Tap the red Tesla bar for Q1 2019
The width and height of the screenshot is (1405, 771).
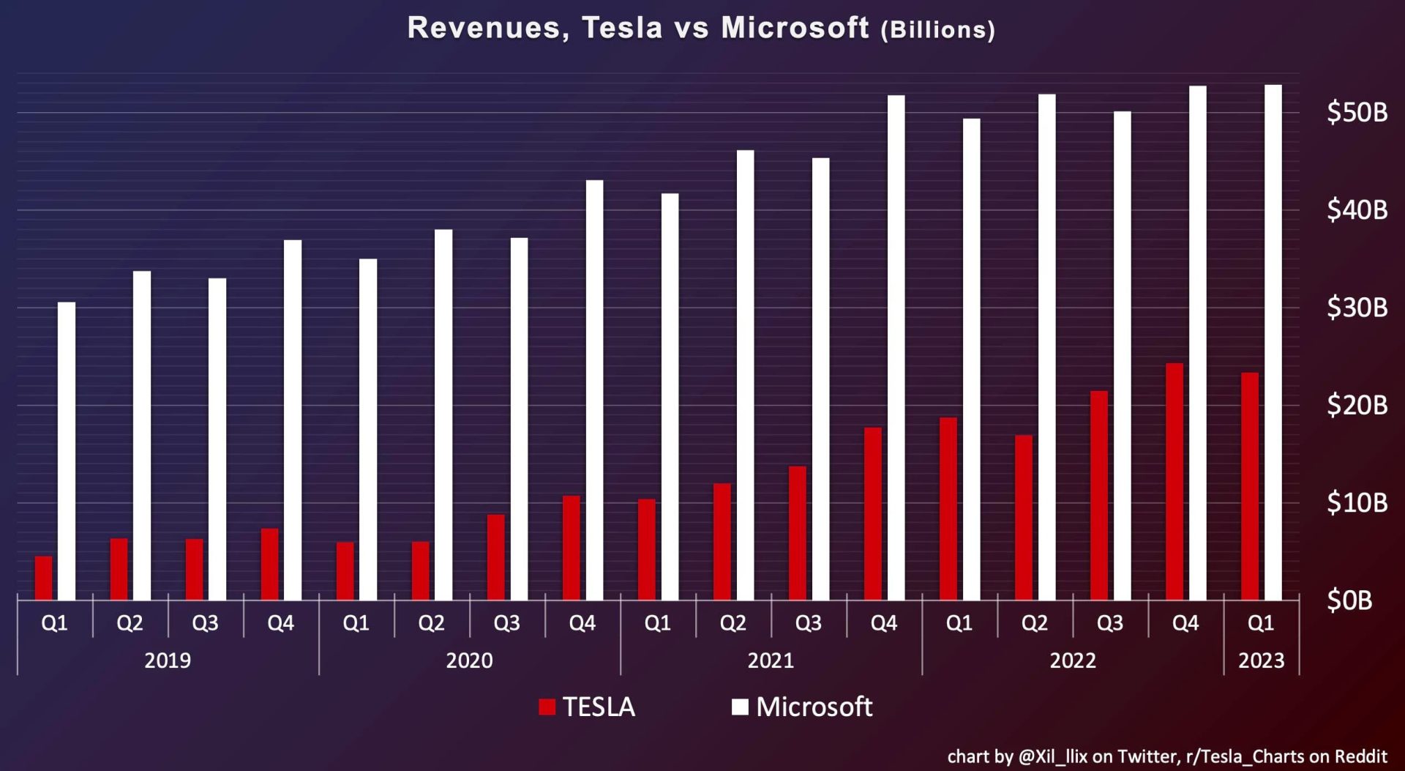click(x=44, y=578)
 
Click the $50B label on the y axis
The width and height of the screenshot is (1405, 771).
click(x=1357, y=112)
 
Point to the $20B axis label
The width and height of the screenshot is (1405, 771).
click(x=1357, y=405)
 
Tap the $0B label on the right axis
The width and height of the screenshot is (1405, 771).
click(x=1349, y=600)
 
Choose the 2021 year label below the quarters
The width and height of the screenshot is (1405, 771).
click(x=771, y=660)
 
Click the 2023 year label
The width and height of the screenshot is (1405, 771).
click(x=1261, y=660)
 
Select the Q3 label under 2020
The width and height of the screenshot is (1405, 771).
click(x=506, y=623)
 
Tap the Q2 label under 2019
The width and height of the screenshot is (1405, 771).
click(x=130, y=623)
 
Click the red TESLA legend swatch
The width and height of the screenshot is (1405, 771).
click(x=547, y=707)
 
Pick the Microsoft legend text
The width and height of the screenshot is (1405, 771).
click(x=814, y=707)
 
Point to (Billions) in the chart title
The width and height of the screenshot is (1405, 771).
click(x=937, y=30)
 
